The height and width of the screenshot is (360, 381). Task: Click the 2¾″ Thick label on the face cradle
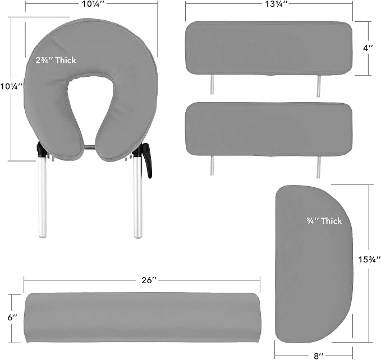[x=56, y=60]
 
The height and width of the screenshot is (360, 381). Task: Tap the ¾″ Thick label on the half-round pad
[x=324, y=221]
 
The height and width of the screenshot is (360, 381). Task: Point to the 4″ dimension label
[x=368, y=48]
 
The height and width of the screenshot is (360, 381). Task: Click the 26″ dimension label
[x=149, y=280]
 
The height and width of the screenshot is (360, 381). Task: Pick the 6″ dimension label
[x=12, y=317]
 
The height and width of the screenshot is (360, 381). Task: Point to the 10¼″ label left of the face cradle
[x=11, y=86]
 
